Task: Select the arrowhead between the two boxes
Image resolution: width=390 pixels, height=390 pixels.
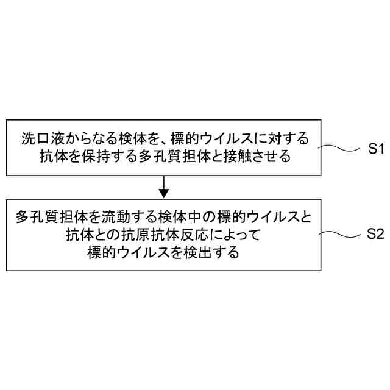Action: click(163, 193)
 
